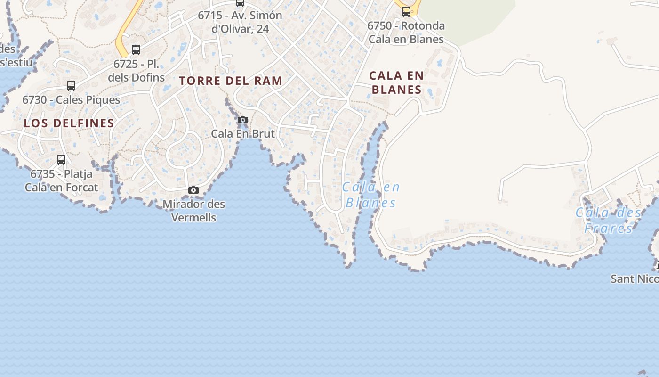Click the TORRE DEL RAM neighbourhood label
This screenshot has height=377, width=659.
point(231,81)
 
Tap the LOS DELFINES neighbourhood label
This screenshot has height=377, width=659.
point(69,123)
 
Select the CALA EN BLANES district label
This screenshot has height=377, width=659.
point(396,82)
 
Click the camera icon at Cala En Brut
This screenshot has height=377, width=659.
point(243,120)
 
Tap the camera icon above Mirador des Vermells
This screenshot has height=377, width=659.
point(193,190)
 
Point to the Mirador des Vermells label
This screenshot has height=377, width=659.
point(194,211)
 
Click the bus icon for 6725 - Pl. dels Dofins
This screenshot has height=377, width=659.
point(136,49)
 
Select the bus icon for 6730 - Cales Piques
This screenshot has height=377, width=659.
point(71,86)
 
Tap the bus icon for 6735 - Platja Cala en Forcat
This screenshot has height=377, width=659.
point(61,160)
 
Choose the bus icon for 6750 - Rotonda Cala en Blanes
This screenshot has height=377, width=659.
point(406,12)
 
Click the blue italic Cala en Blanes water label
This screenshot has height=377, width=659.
point(371,195)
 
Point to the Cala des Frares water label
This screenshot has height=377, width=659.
point(609,220)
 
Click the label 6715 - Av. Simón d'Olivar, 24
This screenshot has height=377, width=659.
point(240,22)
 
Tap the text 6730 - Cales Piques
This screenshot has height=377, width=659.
point(71,100)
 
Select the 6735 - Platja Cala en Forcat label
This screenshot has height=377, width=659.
point(62,180)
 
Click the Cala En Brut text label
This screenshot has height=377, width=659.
point(243,133)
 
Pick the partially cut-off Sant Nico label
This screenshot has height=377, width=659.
point(635,279)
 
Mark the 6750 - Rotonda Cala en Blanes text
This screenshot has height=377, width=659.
point(406,32)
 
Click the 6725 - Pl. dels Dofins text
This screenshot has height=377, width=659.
point(137,70)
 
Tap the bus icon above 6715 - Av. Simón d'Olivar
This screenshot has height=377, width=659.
point(240,3)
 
